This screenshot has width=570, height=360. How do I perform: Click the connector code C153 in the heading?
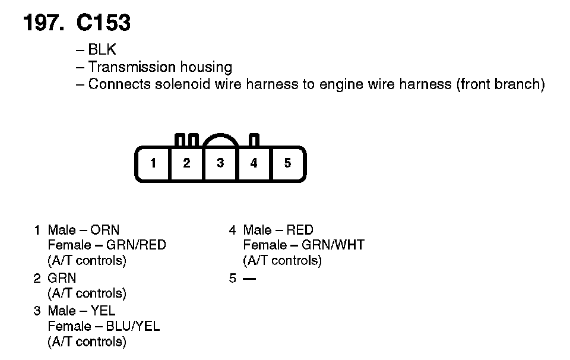(103, 23)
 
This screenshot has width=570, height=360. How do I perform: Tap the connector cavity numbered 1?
(153, 163)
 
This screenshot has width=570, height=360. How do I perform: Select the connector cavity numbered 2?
(186, 163)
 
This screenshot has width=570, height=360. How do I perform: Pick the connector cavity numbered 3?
(220, 163)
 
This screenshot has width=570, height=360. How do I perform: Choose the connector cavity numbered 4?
(254, 163)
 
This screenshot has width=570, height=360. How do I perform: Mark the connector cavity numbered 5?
(288, 163)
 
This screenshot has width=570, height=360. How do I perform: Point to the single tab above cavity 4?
(254, 140)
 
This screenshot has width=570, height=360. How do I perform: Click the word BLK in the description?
(102, 50)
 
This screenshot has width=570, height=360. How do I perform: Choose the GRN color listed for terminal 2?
(62, 278)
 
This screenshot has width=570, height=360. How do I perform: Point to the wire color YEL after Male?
(103, 311)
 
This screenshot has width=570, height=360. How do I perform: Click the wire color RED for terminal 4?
(300, 230)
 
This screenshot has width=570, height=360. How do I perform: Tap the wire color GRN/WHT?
(332, 245)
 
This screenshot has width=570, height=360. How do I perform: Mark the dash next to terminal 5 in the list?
(249, 278)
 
